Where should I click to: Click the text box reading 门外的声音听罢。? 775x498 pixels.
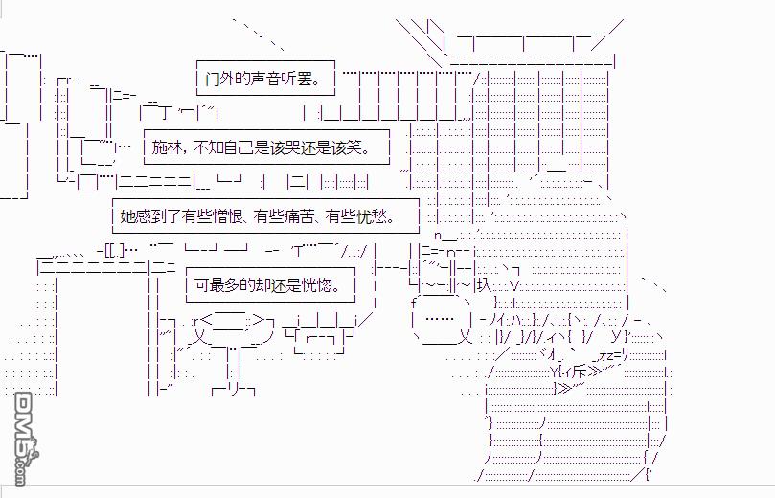coord(265,79)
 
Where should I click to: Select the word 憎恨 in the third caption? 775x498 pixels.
coord(228,216)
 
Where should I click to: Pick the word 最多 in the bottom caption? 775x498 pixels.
coord(224,285)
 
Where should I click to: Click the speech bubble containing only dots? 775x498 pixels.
coord(440,319)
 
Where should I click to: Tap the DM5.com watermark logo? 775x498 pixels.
coord(26,438)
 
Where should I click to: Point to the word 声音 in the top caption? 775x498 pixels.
coord(265,79)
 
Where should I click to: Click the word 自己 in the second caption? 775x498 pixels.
coord(239,147)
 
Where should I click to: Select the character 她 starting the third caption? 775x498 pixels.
coord(127,216)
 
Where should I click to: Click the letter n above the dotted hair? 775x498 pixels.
coord(438,236)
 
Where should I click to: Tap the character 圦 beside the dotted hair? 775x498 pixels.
coord(484,284)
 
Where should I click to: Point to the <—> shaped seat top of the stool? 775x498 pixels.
coord(231,320)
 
